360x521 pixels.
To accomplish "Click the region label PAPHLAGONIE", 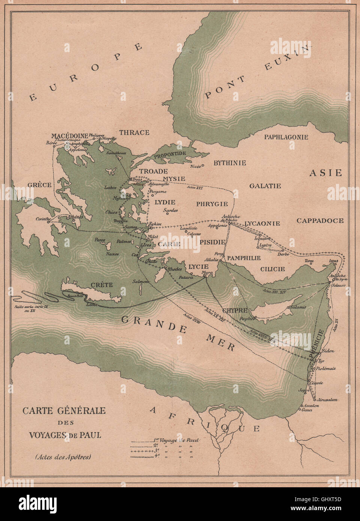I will tap(286, 137).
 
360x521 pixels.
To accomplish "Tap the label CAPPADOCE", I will tap(320, 221).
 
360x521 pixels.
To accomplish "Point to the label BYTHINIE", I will tap(229, 163).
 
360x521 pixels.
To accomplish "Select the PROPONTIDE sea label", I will tap(170, 154).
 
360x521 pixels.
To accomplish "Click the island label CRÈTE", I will tap(102, 285).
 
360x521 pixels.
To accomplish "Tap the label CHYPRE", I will tap(235, 310).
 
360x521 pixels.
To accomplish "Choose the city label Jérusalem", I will tap(327, 400).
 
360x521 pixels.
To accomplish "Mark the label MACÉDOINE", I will tap(70, 136).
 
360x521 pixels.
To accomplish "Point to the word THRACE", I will tap(134, 132).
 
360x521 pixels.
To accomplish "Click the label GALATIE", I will tap(265, 186).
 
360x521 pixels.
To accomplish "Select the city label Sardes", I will tap(171, 211).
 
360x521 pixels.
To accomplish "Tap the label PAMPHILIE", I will tap(244, 258).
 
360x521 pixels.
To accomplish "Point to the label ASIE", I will tap(325, 173).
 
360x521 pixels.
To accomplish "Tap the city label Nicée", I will tap(195, 166).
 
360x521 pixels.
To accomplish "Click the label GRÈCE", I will tap(39, 185).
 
